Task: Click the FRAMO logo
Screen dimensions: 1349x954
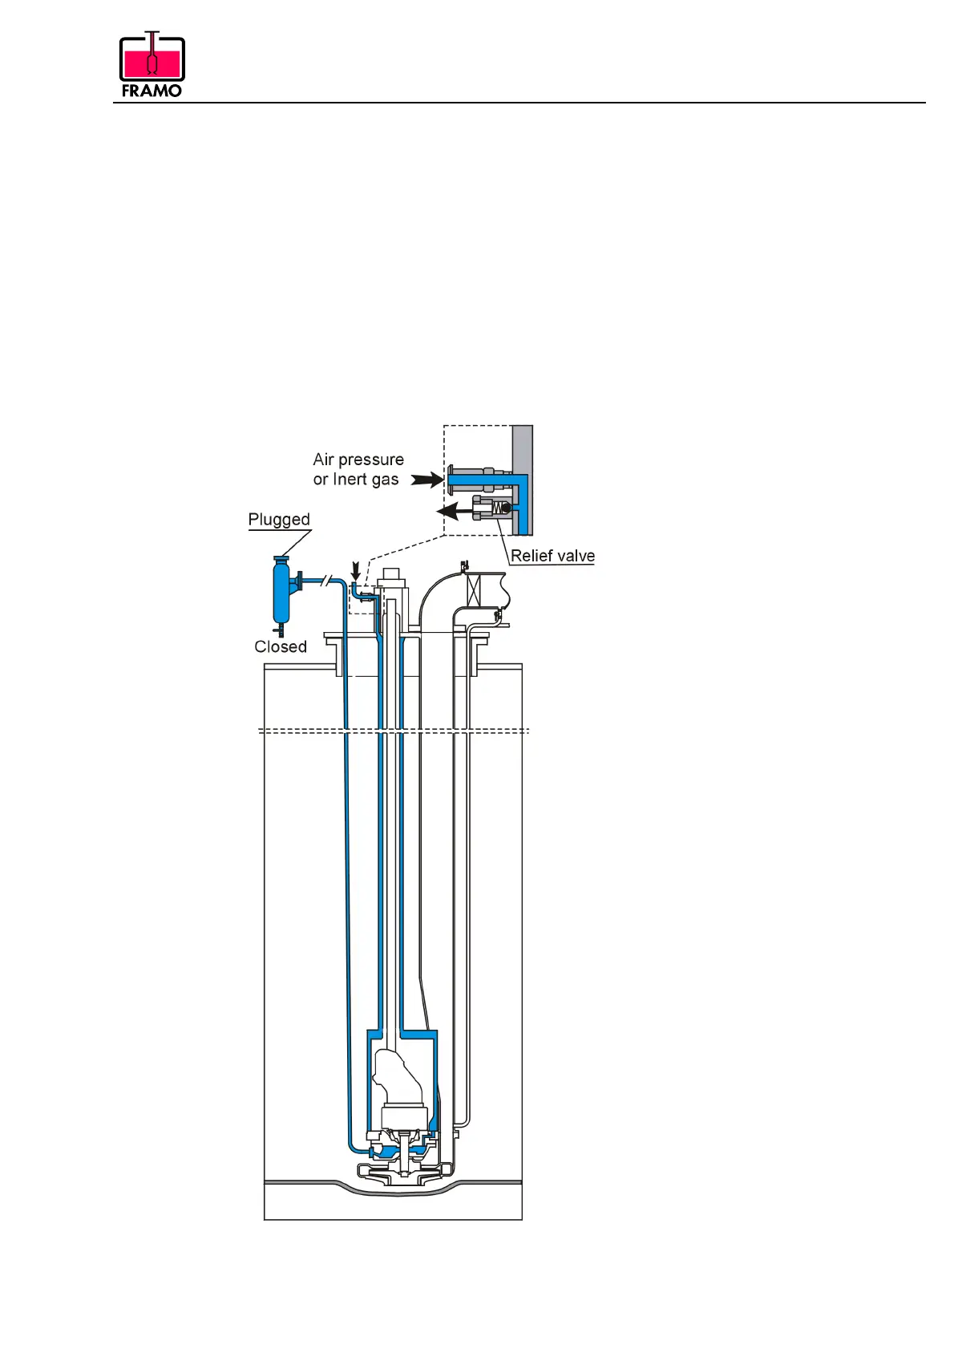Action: (x=152, y=65)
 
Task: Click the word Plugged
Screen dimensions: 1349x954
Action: (x=279, y=520)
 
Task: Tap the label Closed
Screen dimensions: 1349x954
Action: (x=281, y=646)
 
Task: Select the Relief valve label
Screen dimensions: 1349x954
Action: (x=552, y=556)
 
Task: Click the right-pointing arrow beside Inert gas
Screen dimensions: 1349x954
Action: (x=427, y=480)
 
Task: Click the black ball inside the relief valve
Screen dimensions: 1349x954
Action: (x=506, y=508)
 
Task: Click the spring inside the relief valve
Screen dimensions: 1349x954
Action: (x=496, y=508)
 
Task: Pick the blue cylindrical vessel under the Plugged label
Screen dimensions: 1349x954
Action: (x=281, y=592)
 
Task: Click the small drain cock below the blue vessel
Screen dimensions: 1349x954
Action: (x=281, y=631)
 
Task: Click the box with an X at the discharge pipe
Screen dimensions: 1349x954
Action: (x=474, y=589)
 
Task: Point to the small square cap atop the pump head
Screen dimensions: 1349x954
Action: (x=392, y=573)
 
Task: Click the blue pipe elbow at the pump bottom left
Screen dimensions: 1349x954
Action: (x=354, y=1146)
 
